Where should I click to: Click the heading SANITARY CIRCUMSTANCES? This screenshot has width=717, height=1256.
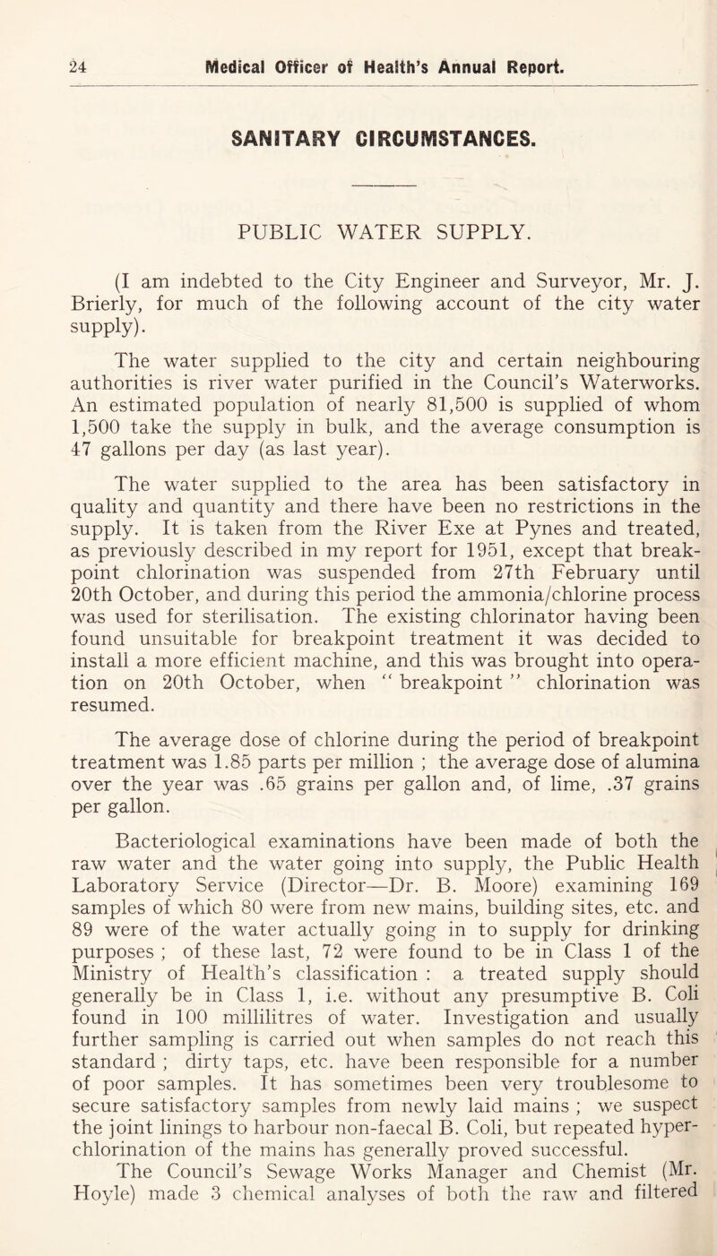click(358, 89)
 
